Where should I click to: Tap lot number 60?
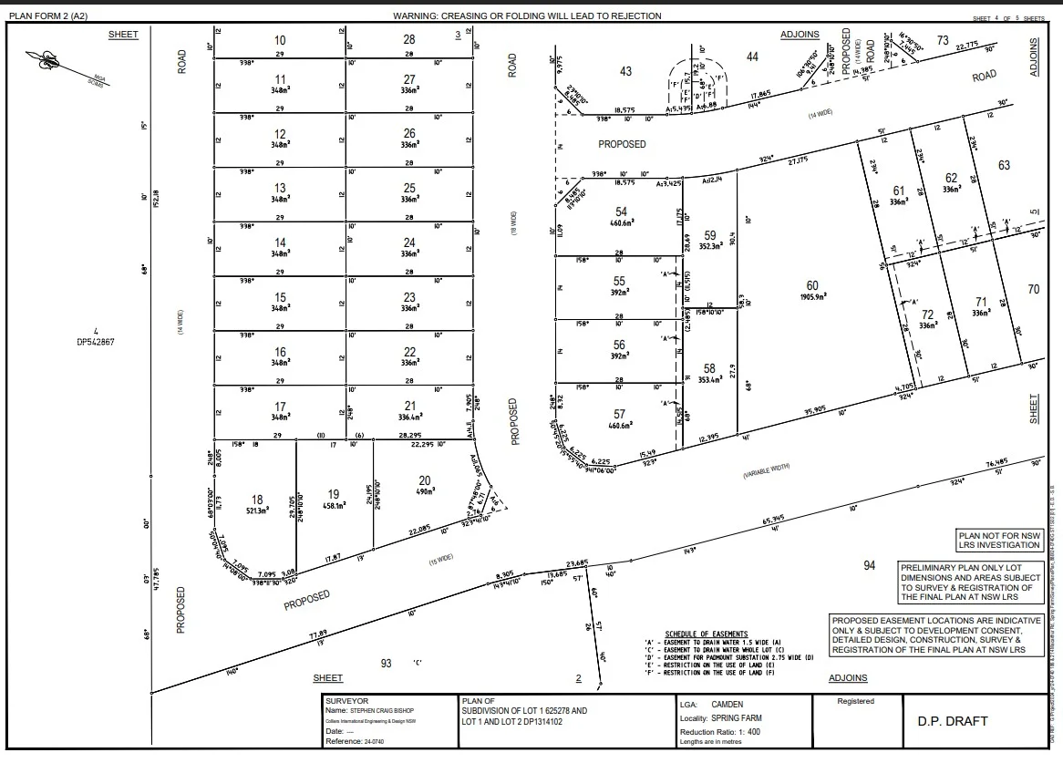pyautogui.click(x=812, y=286)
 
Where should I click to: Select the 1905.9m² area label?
pyautogui.click(x=812, y=296)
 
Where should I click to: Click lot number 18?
pyautogui.click(x=257, y=500)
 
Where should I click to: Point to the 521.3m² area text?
pyautogui.click(x=258, y=510)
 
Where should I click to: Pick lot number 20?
pyautogui.click(x=424, y=480)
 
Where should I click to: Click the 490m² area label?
pyautogui.click(x=424, y=491)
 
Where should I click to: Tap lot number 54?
pyautogui.click(x=621, y=211)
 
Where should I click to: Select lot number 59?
pyautogui.click(x=710, y=234)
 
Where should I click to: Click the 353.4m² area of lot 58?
pyautogui.click(x=710, y=379)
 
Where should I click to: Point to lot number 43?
pyautogui.click(x=624, y=71)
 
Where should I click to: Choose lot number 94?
pyautogui.click(x=869, y=565)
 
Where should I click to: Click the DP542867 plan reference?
pyautogui.click(x=95, y=343)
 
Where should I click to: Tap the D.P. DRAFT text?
pyautogui.click(x=952, y=721)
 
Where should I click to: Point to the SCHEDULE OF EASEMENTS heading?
pyautogui.click(x=706, y=634)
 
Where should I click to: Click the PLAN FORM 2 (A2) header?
pyautogui.click(x=48, y=16)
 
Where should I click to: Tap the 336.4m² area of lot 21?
pyautogui.click(x=409, y=418)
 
